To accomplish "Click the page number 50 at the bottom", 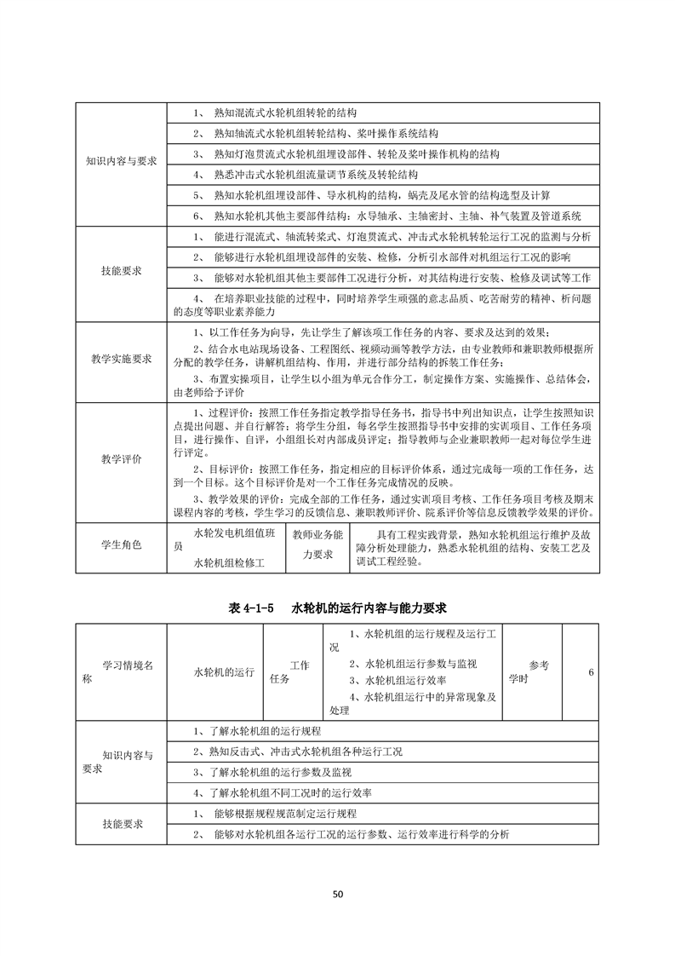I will pyautogui.click(x=337, y=894).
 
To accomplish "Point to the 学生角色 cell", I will pyautogui.click(x=121, y=544).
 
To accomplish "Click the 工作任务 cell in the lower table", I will pyautogui.click(x=294, y=671).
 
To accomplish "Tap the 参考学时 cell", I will pyautogui.click(x=538, y=671).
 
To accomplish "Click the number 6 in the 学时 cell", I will pyautogui.click(x=590, y=672).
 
